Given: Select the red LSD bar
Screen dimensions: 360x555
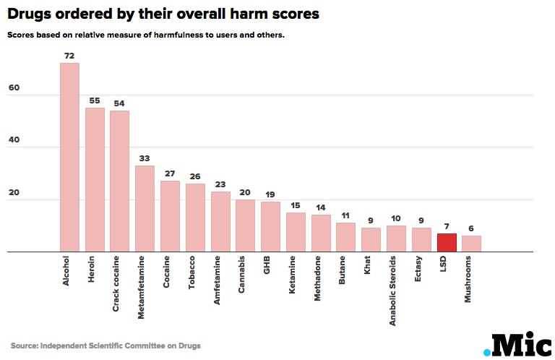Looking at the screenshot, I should (x=447, y=243).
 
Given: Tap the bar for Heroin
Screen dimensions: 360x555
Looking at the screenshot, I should (x=95, y=180).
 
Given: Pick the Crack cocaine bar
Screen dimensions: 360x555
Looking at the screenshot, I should (x=119, y=181).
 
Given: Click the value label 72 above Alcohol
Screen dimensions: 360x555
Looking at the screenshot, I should (x=69, y=56).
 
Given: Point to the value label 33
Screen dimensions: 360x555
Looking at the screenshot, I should (x=145, y=158).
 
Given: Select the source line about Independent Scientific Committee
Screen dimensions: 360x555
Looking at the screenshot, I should (x=106, y=346).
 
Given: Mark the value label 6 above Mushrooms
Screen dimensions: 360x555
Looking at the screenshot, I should (x=471, y=228).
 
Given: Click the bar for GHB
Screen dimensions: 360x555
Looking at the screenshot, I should (x=270, y=227).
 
